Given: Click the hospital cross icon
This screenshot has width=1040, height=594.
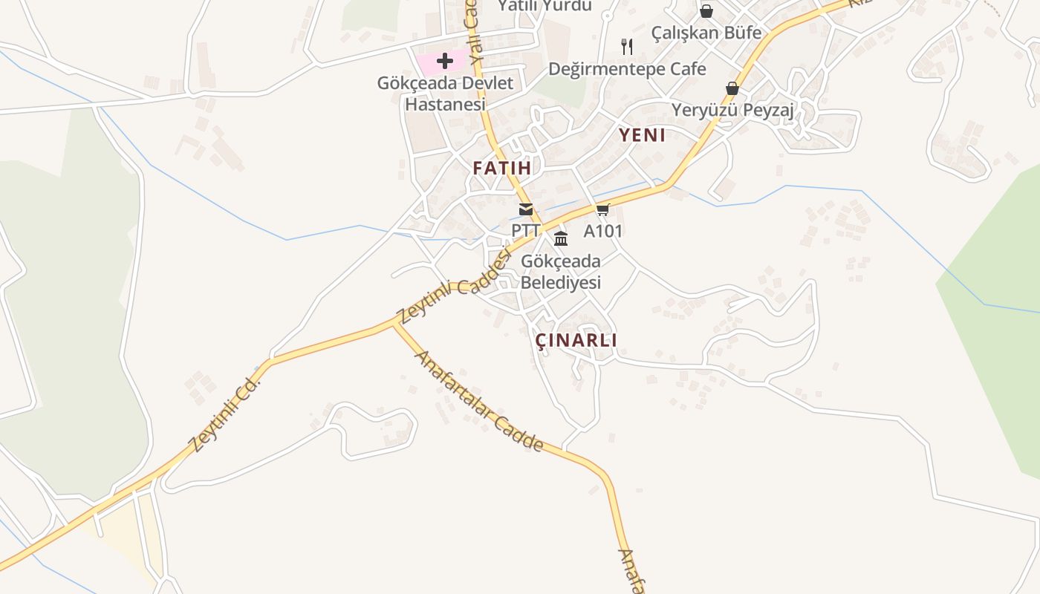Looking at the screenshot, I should pyautogui.click(x=445, y=61).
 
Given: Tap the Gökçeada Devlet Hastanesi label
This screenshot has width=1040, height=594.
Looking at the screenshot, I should pyautogui.click(x=445, y=94).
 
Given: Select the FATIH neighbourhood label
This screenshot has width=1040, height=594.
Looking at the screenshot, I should pyautogui.click(x=502, y=169).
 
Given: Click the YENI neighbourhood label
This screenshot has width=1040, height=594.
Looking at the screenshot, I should pyautogui.click(x=643, y=135).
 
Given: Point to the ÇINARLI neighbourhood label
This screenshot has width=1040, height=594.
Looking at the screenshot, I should pyautogui.click(x=576, y=340).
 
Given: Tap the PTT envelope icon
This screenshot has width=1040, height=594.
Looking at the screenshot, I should pyautogui.click(x=526, y=209).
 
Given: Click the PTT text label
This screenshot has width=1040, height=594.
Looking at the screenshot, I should pyautogui.click(x=525, y=231).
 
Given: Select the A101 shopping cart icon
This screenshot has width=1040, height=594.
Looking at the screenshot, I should pyautogui.click(x=602, y=210).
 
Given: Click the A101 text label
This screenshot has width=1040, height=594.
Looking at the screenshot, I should pyautogui.click(x=602, y=231).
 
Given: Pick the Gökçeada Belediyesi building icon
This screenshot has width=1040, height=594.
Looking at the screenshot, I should pyautogui.click(x=561, y=238).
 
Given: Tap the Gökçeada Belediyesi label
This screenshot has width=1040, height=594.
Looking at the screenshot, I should pyautogui.click(x=561, y=272).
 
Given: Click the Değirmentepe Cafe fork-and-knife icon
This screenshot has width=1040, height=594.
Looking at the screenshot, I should pyautogui.click(x=628, y=47).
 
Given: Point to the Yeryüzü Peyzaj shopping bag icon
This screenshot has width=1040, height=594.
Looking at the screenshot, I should pyautogui.click(x=732, y=88).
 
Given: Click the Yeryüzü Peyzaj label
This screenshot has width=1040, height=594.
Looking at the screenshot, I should pyautogui.click(x=733, y=111).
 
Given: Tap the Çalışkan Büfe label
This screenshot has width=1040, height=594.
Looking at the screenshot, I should pyautogui.click(x=706, y=33).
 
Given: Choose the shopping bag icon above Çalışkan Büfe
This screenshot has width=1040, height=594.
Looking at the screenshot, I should pyautogui.click(x=706, y=11).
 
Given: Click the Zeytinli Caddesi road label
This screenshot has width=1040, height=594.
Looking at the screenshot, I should pyautogui.click(x=455, y=287).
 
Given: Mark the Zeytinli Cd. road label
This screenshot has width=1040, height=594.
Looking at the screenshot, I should pyautogui.click(x=226, y=414).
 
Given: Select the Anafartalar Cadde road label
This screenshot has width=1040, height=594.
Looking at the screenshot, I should pyautogui.click(x=479, y=401).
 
